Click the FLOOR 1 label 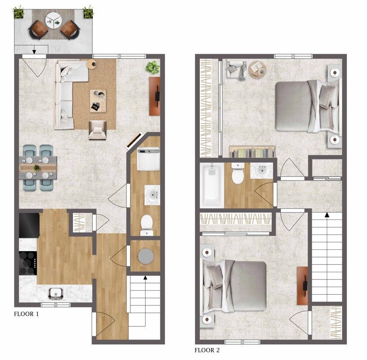[x=26, y=314]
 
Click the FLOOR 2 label [x=207, y=350]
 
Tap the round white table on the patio [x=54, y=20]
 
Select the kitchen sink [x=56, y=294]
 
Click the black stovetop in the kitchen [x=28, y=263]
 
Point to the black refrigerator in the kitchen [x=29, y=225]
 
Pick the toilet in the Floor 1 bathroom [x=147, y=225]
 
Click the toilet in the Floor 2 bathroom [x=238, y=174]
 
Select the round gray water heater [x=146, y=256]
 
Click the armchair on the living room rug [x=97, y=130]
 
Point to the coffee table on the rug [x=98, y=101]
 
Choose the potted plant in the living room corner [x=153, y=67]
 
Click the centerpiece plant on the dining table [x=36, y=168]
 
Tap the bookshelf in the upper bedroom [x=252, y=152]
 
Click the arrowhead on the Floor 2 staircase [x=327, y=215]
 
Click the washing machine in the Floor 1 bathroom [x=149, y=159]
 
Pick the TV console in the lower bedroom [x=302, y=286]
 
